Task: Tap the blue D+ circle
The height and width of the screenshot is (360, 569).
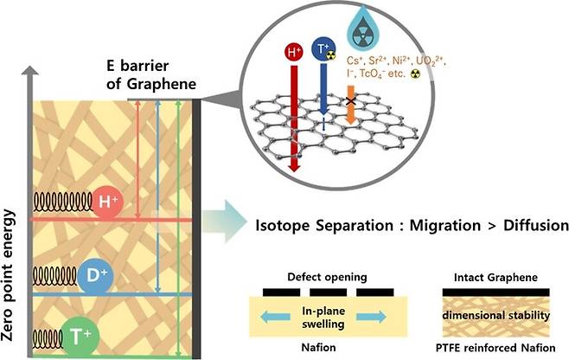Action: pos(95,276)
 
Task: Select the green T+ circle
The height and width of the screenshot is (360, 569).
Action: pos(80,337)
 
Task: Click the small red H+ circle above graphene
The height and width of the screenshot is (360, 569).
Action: pos(293,52)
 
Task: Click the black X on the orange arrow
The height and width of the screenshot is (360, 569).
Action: pos(350,101)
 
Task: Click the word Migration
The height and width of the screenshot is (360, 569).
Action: pos(444,226)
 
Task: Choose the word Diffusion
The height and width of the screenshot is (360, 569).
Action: pos(536,225)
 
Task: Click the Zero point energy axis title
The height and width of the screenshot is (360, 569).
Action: pos(8,274)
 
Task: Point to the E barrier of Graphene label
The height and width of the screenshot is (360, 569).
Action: pos(151,74)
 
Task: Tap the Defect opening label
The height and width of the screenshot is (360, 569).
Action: pos(327,277)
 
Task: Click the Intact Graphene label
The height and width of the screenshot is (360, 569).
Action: pos(495,278)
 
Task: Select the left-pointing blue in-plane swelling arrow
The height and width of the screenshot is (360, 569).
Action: pos(276,317)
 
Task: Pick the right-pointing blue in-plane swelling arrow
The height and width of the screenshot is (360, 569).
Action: pos(371,317)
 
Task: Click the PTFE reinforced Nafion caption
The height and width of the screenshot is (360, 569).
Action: pos(495,348)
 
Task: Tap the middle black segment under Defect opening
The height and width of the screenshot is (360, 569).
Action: pos(328,292)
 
